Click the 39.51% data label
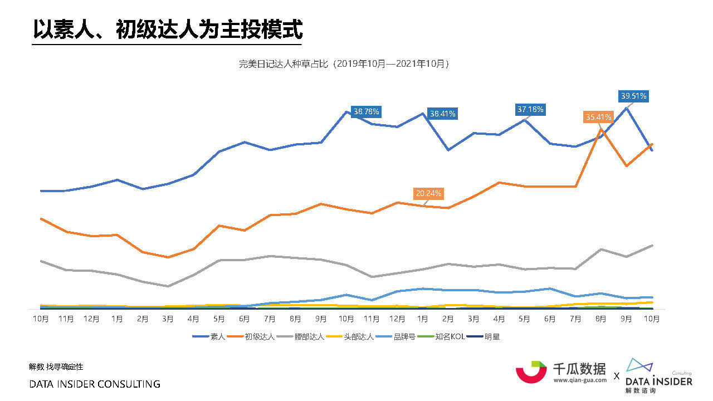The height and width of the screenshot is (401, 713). (x=633, y=96)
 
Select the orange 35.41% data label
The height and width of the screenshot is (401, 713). (x=598, y=117)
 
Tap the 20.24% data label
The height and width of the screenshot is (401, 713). (x=428, y=194)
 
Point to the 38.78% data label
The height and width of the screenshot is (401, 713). (x=366, y=111)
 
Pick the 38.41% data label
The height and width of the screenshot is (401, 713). (x=442, y=114)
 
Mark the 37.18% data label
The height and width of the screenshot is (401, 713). (x=530, y=110)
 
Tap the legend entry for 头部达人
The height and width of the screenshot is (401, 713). (x=350, y=336)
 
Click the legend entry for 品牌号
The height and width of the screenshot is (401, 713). (x=396, y=336)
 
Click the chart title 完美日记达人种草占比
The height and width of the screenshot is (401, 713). (x=344, y=64)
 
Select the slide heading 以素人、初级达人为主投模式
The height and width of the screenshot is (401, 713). (x=167, y=29)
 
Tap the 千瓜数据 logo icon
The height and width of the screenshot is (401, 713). (x=531, y=371)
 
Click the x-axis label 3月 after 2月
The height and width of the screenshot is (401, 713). (x=168, y=319)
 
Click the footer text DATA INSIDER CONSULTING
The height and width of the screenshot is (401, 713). (x=94, y=384)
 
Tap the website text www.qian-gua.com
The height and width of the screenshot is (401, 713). (x=579, y=380)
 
